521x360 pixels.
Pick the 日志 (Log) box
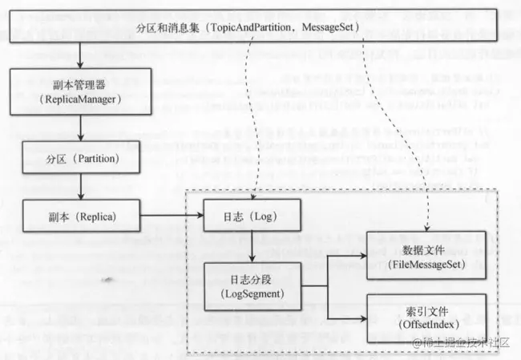(x=253, y=217)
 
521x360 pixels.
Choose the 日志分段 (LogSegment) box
(x=253, y=286)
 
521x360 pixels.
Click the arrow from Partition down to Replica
(x=81, y=188)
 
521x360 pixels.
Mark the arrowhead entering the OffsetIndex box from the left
(x=361, y=314)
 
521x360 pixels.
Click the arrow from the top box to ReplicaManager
(x=81, y=55)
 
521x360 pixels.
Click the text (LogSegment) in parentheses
(x=253, y=294)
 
